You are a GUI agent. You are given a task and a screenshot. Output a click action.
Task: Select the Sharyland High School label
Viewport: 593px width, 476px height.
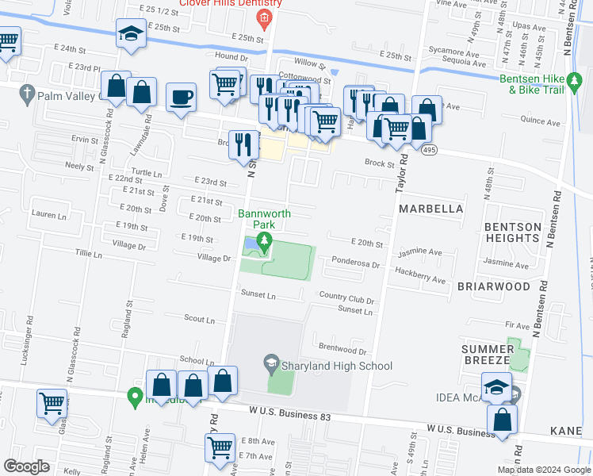(339, 366)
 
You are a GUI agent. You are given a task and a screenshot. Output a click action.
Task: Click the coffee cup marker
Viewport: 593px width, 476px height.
(182, 97)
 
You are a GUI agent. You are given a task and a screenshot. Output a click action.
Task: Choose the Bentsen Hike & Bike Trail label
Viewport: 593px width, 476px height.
(543, 85)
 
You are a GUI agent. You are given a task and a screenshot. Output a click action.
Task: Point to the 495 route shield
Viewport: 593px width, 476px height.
(429, 149)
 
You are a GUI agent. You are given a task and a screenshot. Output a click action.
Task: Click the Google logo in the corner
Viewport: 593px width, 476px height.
(26, 466)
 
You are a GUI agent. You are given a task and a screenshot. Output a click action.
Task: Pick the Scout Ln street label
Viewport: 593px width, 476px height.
(199, 320)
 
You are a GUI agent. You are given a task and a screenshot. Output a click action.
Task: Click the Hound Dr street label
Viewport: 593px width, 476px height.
(231, 56)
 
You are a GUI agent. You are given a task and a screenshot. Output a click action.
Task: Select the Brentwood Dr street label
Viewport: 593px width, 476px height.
(342, 349)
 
